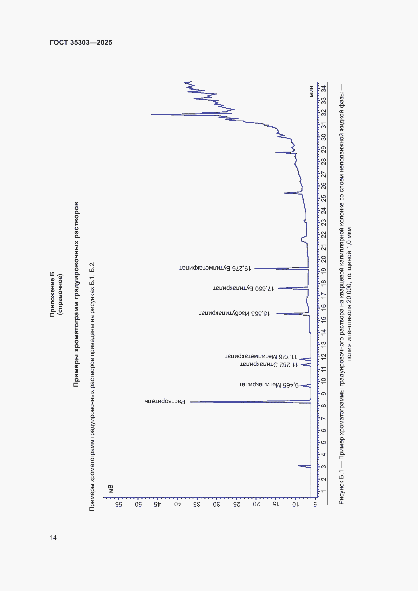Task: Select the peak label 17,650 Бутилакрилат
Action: pos(243,288)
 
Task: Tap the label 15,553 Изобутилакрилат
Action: pos(234,314)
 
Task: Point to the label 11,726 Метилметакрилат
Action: pos(261,357)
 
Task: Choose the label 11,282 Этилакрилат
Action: pos(269,365)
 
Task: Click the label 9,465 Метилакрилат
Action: pos(269,385)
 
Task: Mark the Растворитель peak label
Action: pos(165,401)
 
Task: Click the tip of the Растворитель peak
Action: pos(190,402)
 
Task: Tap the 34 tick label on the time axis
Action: pos(324,88)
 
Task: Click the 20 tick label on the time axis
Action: pos(324,259)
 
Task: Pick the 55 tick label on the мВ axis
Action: pos(119,504)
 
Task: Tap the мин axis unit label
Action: pos(312,91)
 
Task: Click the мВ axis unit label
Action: pos(111,489)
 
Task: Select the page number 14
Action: pos(53,537)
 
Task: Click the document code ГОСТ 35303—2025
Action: pos(81,42)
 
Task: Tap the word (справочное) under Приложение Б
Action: pos(60,294)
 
